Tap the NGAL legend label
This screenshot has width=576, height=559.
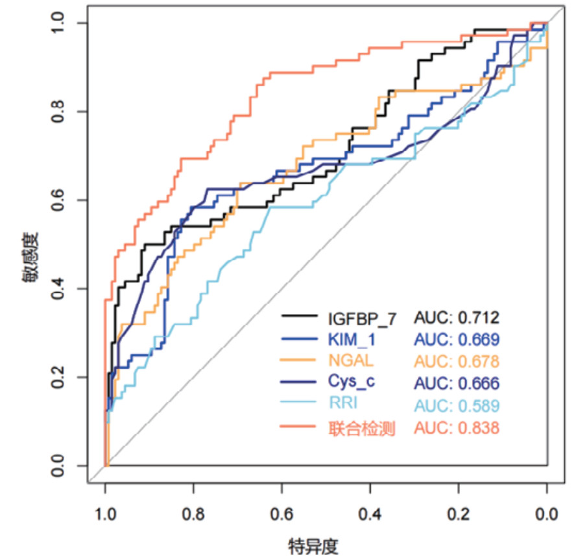click(347, 360)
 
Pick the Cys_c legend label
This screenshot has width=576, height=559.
click(351, 382)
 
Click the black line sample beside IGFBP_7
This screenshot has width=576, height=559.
click(299, 318)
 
